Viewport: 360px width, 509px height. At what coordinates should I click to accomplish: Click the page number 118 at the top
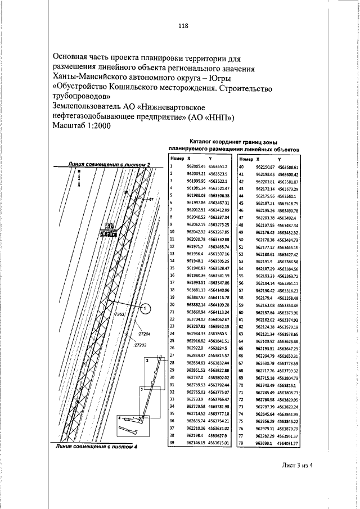click(182, 25)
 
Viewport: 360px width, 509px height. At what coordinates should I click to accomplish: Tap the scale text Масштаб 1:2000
click(82, 127)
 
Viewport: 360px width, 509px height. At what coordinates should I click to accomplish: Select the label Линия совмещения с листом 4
click(97, 463)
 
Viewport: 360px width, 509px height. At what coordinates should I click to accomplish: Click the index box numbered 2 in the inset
click(147, 359)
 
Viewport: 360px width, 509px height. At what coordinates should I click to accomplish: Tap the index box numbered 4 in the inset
click(119, 434)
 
